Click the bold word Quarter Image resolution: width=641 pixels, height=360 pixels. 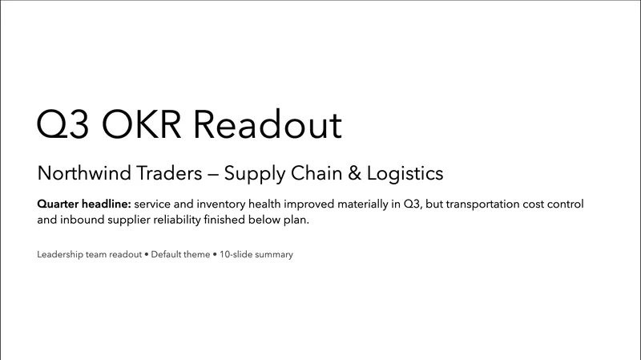(59, 204)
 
